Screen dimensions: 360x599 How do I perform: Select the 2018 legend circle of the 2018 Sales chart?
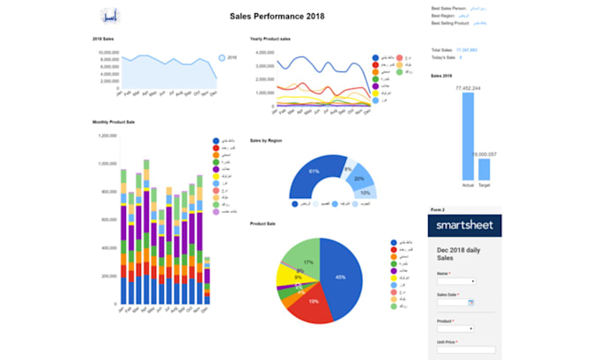[222, 58]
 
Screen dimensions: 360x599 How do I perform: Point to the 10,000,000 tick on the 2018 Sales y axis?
[104, 53]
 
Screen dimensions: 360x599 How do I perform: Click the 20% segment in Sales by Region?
[359, 178]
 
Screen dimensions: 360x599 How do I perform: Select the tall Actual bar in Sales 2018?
[468, 136]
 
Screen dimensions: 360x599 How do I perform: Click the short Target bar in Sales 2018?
[484, 169]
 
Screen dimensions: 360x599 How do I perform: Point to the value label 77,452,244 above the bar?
[468, 89]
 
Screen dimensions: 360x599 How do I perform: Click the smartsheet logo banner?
[465, 225]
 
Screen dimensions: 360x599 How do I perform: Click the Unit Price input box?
[466, 349]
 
